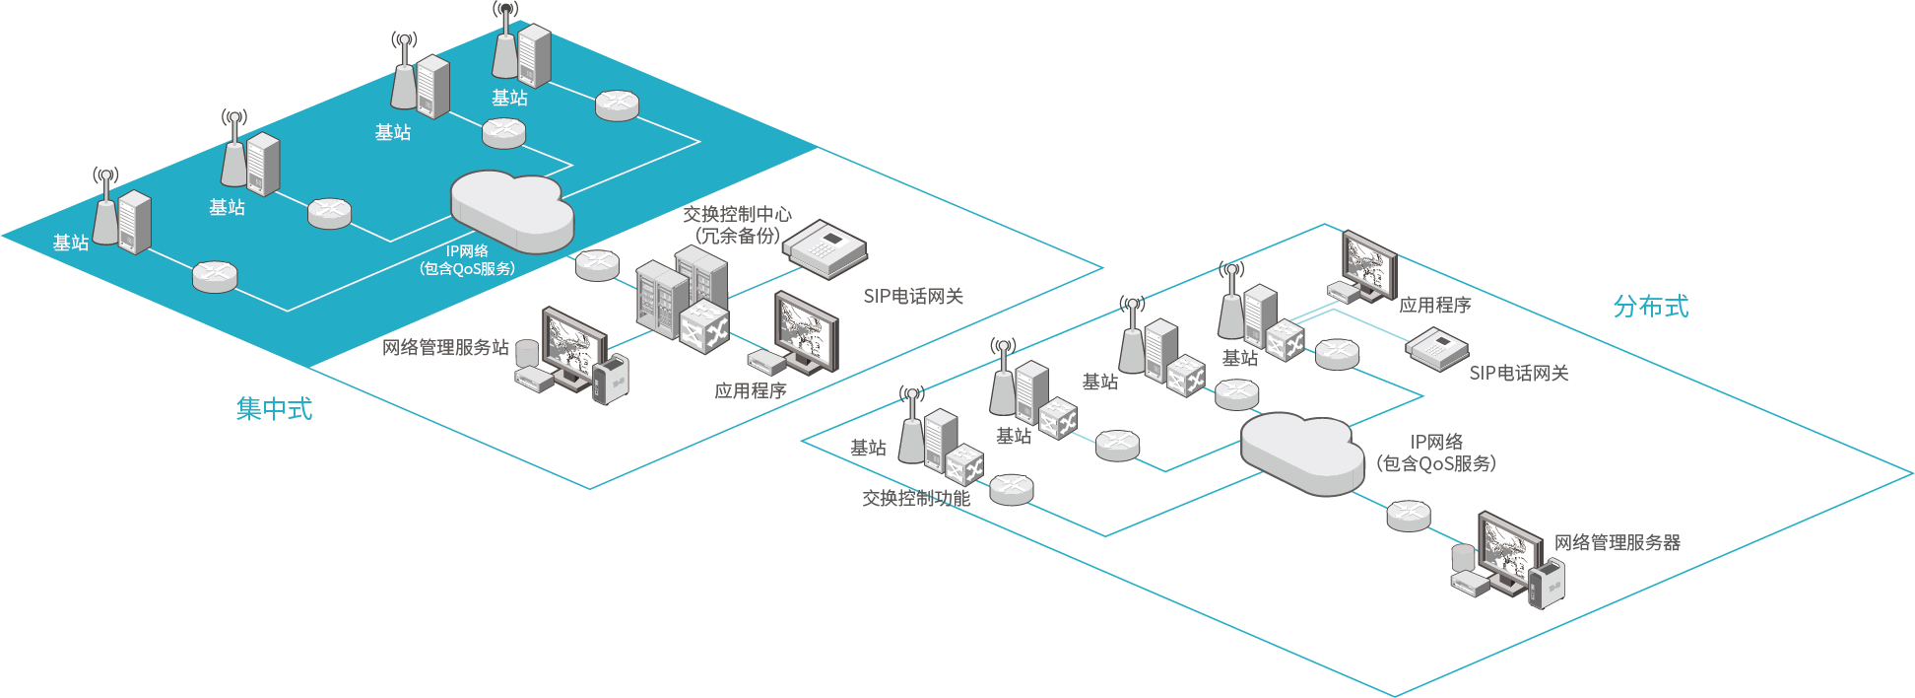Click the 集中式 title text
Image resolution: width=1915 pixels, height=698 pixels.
pos(274,408)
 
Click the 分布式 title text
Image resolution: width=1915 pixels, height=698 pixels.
pos(1650,307)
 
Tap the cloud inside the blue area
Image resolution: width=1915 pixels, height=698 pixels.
pos(511,209)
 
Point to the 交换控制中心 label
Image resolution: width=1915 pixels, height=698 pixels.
pos(737,214)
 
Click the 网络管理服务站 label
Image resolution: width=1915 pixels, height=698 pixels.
pos(445,347)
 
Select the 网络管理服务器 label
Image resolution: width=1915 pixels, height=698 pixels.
pos(1617,542)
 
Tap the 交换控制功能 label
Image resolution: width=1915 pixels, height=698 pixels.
pos(916,498)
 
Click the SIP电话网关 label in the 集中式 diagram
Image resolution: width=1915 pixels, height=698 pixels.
pos(913,296)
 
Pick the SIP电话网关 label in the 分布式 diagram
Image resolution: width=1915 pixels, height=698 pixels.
pos(1518,373)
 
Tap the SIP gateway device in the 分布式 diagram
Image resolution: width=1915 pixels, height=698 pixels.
pos(1436,349)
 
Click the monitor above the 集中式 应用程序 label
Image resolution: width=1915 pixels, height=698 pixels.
pos(807,329)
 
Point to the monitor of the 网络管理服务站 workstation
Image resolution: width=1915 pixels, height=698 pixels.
pos(573,344)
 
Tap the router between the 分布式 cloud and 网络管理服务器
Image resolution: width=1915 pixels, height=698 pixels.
pos(1408,515)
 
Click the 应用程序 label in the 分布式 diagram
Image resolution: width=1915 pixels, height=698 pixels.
pos(1434,306)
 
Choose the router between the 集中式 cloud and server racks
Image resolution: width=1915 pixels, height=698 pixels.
pos(597,265)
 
